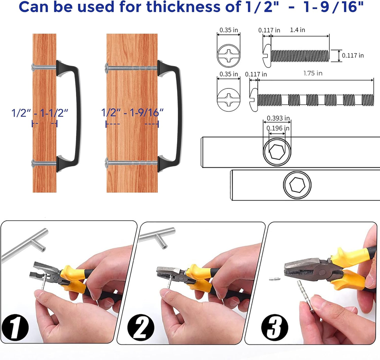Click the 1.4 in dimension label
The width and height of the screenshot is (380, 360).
298,30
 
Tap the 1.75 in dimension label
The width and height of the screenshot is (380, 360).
313,73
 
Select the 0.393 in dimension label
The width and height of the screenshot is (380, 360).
278,118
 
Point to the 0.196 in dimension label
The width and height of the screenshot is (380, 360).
278,128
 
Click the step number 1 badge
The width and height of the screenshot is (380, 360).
15,327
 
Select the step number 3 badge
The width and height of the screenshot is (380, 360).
275,327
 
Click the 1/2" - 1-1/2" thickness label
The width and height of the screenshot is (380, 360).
40,113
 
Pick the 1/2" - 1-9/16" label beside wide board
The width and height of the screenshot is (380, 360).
132,113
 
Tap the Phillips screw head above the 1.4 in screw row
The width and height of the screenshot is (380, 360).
228,55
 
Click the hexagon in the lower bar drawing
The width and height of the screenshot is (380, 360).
297,185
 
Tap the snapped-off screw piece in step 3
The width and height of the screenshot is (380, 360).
275,279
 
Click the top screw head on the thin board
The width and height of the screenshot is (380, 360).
33,66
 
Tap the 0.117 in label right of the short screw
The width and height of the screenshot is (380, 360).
353,55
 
